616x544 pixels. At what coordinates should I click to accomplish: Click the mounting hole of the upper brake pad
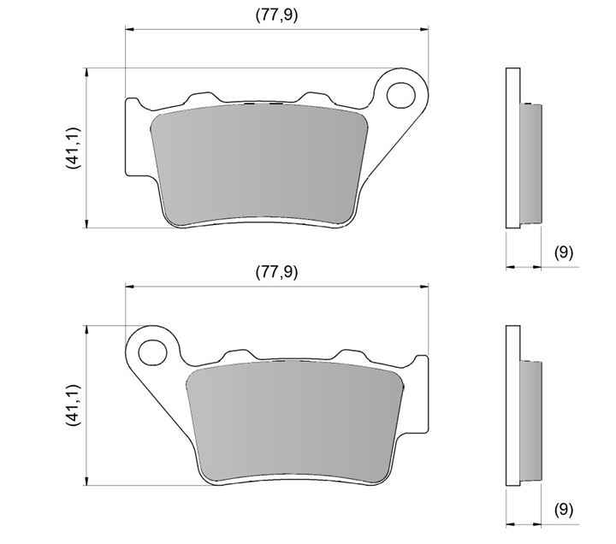pyautogui.click(x=400, y=96)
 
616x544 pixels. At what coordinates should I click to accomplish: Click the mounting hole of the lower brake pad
pyautogui.click(x=153, y=352)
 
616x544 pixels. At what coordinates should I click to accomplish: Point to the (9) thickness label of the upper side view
pyautogui.click(x=564, y=251)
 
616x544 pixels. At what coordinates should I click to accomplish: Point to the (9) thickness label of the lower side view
pyautogui.click(x=564, y=510)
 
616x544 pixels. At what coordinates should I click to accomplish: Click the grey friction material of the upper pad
pyautogui.click(x=259, y=165)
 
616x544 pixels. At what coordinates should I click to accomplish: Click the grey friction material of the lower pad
pyautogui.click(x=295, y=423)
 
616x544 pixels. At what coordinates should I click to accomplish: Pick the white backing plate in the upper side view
pyautogui.click(x=512, y=148)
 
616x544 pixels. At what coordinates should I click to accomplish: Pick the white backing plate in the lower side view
pyautogui.click(x=512, y=405)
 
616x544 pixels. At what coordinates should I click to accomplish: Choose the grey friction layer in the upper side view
pyautogui.click(x=531, y=163)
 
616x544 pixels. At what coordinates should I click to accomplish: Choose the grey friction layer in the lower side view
pyautogui.click(x=531, y=422)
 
